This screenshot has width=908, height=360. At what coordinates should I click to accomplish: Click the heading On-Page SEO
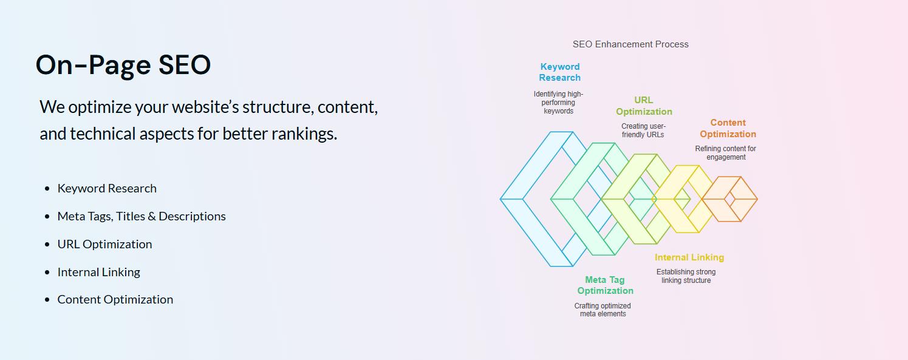[x=123, y=65]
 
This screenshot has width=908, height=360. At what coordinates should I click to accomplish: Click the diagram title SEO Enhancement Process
[x=630, y=44]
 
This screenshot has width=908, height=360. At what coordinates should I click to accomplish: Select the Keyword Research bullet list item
[x=107, y=188]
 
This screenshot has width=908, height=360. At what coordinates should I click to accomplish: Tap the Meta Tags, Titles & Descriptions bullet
[x=142, y=216]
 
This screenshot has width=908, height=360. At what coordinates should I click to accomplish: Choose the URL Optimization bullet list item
[x=104, y=244]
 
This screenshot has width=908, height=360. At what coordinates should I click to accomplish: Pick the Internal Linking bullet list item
[x=99, y=272]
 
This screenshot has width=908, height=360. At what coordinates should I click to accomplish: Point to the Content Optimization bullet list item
[x=115, y=300]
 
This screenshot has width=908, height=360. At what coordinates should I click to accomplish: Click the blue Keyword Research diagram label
[x=560, y=72]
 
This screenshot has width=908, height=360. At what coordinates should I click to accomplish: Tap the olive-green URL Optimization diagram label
[x=644, y=106]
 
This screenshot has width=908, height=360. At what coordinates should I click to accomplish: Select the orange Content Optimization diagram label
[x=728, y=128]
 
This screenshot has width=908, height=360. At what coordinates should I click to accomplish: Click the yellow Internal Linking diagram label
[x=689, y=257]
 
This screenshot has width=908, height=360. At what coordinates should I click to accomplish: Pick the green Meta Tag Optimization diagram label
[x=605, y=285]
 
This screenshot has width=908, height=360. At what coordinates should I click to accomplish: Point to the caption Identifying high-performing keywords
[x=559, y=103]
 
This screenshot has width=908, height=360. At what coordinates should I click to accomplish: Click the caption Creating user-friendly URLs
[x=643, y=131]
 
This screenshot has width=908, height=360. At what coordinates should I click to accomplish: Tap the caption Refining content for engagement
[x=726, y=153]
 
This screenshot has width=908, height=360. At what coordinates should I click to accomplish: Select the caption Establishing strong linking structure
[x=686, y=276]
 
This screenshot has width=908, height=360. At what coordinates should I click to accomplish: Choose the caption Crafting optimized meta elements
[x=602, y=310]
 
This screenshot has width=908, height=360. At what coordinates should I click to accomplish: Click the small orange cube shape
[x=729, y=199]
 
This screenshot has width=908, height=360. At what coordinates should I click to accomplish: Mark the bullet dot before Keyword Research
[x=47, y=189]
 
